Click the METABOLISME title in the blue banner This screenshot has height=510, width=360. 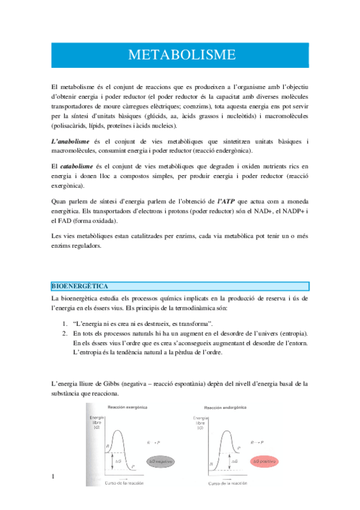pyautogui.click(x=180, y=55)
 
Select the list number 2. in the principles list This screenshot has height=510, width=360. pyautogui.click(x=64, y=333)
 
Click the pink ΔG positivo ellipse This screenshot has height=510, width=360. pyautogui.click(x=264, y=461)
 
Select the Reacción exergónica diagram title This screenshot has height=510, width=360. pyautogui.click(x=126, y=408)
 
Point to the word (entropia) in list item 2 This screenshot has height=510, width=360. pyautogui.click(x=290, y=333)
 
